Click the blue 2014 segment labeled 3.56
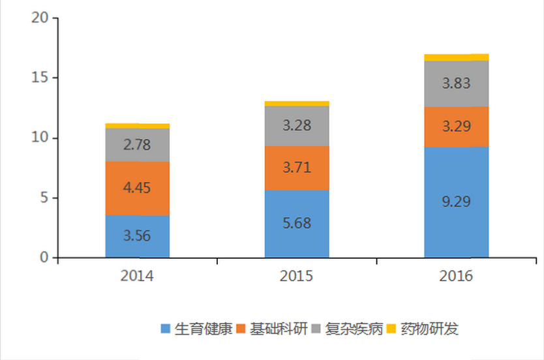[137, 236]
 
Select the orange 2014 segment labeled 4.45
[137, 188]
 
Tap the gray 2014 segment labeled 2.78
[137, 145]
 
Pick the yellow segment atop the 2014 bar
[137, 126]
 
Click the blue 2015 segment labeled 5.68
[297, 223]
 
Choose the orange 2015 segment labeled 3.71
[297, 168]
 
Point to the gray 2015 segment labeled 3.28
[297, 126]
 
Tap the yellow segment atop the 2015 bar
[297, 104]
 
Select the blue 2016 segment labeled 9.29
[457, 202]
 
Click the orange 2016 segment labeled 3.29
[457, 127]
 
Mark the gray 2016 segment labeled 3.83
[457, 83]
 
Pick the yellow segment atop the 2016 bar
[457, 57]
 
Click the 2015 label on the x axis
[297, 276]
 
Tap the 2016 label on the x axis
[457, 276]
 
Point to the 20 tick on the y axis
[40, 18]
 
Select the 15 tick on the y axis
[40, 78]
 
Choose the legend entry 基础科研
[277, 328]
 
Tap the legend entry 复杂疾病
[352, 328]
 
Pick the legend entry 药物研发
[429, 328]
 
